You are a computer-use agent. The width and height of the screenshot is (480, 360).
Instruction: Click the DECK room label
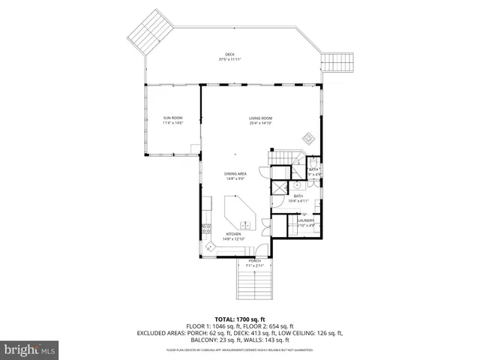point(230,54)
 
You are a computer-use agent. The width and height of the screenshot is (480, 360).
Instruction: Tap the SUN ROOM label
point(172,118)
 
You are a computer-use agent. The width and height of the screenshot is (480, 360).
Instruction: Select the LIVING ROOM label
point(260,118)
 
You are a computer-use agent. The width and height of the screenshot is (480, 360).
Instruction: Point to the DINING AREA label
point(235,174)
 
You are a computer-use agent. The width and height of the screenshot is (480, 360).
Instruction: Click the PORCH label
point(255,260)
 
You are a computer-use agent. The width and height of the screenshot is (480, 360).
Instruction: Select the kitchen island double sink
point(244,223)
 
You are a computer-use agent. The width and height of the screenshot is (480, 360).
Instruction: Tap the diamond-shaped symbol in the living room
point(307,137)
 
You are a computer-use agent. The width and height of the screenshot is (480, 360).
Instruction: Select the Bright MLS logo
point(30,349)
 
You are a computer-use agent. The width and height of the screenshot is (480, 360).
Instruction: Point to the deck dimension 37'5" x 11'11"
point(230,59)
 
